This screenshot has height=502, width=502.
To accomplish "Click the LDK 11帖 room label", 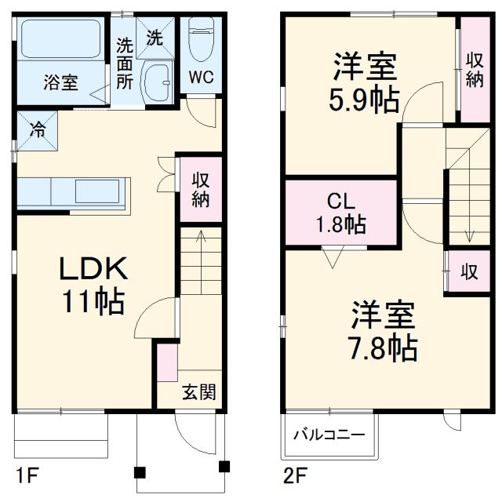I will [x=93, y=285].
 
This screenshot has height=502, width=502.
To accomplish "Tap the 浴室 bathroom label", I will [x=60, y=82].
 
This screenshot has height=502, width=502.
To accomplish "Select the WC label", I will [x=200, y=78].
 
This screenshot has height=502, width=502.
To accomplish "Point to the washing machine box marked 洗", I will [x=155, y=37].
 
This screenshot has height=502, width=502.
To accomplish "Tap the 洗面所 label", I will [x=124, y=62].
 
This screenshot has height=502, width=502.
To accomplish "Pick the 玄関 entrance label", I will [x=199, y=392].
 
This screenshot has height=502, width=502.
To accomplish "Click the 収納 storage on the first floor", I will [x=200, y=188].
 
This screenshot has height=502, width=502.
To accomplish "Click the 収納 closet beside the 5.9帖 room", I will [x=474, y=71].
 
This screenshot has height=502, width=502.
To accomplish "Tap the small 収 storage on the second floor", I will [x=469, y=271].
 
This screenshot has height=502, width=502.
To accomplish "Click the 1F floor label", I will [x=25, y=475].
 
